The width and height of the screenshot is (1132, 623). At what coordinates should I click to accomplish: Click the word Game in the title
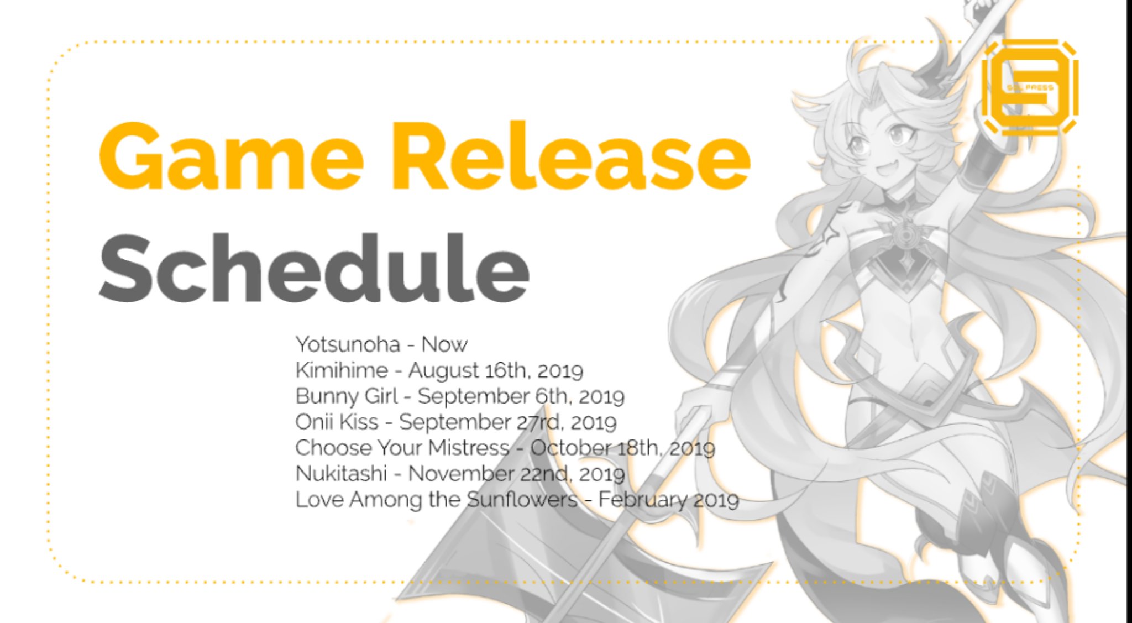(x=231, y=156)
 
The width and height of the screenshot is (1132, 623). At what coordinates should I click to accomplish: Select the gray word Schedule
(x=314, y=268)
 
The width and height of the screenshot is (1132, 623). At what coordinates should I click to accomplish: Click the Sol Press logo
(x=1030, y=87)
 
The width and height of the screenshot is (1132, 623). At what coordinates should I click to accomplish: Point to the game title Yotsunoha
(x=348, y=344)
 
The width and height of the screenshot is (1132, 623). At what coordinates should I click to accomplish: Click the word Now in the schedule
(x=444, y=344)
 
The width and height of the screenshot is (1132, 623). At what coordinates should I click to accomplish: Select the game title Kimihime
(x=342, y=370)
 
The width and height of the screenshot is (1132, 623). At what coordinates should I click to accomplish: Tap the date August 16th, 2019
(x=496, y=371)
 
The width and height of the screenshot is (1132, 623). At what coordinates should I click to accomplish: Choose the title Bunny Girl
(x=347, y=396)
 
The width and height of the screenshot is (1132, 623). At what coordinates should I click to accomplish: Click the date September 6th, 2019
(x=521, y=396)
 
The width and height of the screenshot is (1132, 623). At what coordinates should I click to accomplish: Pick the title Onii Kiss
(x=337, y=422)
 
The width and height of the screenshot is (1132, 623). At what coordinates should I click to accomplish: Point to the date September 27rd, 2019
(x=508, y=422)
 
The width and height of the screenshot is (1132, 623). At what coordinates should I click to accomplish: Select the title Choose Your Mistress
(x=402, y=448)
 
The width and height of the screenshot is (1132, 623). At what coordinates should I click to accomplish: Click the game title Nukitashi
(x=341, y=474)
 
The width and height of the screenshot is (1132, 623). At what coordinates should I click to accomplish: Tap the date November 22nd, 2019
(x=517, y=474)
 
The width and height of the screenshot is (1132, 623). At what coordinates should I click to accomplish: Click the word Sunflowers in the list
(x=522, y=499)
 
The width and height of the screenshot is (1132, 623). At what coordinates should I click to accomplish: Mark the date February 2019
(x=669, y=500)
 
